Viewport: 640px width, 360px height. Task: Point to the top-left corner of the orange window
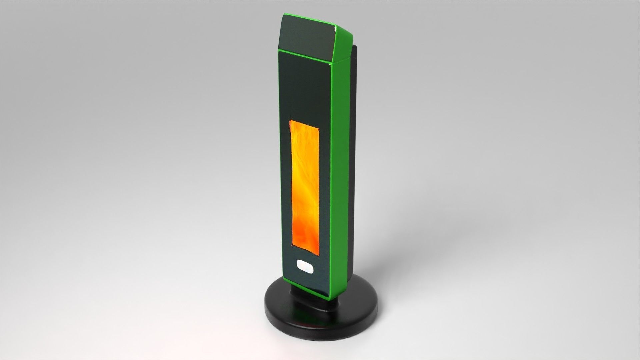[290, 120]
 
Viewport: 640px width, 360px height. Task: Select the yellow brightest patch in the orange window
[305, 173]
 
